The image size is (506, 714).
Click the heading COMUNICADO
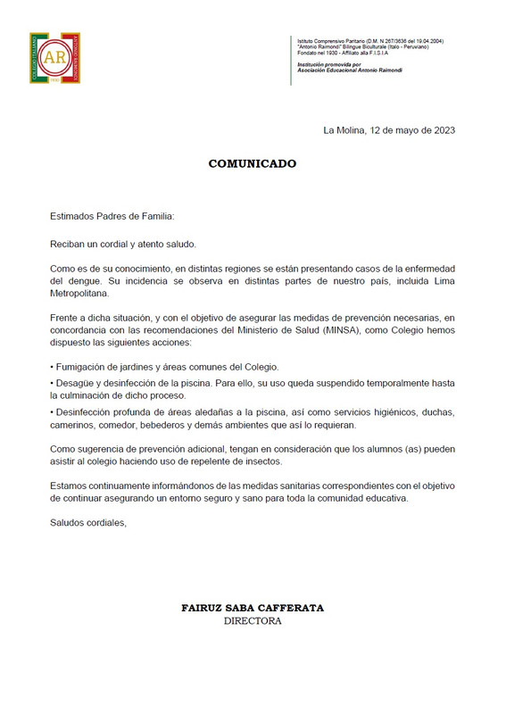(x=252, y=164)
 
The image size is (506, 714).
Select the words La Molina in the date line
(x=344, y=129)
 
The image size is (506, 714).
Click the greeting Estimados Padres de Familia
(x=112, y=216)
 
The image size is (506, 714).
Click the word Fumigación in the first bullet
(x=84, y=367)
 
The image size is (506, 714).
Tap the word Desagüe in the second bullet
(x=78, y=384)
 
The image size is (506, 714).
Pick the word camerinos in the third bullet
(x=75, y=428)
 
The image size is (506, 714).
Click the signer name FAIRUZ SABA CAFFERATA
(x=253, y=608)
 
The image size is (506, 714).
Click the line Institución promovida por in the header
(x=328, y=64)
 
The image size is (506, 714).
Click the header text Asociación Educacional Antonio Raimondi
(x=349, y=70)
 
